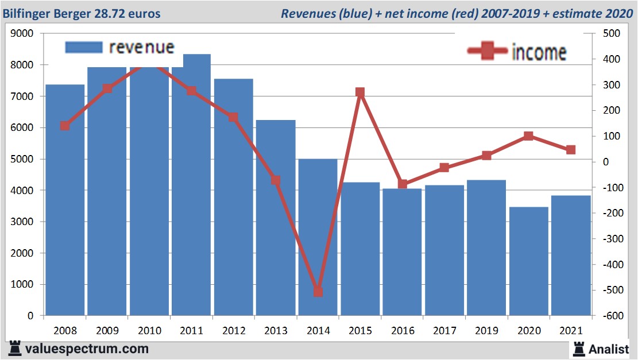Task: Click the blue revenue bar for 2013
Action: (x=276, y=218)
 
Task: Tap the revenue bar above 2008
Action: (x=65, y=201)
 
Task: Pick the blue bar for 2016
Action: (x=402, y=253)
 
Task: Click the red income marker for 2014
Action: (x=318, y=292)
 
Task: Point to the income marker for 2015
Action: (x=360, y=92)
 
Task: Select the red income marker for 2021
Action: (x=571, y=150)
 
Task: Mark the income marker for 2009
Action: (x=107, y=88)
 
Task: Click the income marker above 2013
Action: (x=276, y=180)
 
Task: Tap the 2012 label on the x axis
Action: (x=234, y=331)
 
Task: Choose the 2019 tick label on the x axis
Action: (x=486, y=331)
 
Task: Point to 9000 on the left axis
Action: (x=22, y=34)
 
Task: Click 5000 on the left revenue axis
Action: (x=22, y=159)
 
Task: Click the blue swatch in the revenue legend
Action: (x=84, y=47)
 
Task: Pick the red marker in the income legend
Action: (x=488, y=52)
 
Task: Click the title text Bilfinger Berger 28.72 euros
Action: (x=82, y=13)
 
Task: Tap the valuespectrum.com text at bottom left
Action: (x=87, y=349)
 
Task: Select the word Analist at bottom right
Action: (x=608, y=349)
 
